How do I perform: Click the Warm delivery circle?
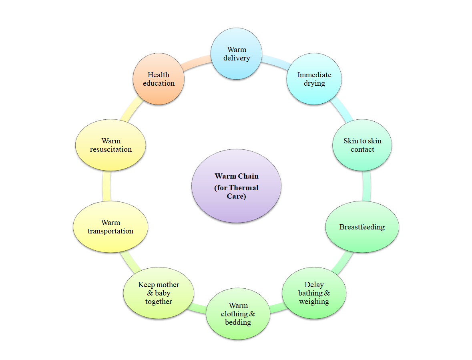pyautogui.click(x=237, y=54)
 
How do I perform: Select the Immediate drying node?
pyautogui.click(x=314, y=79)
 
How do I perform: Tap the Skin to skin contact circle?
pyautogui.click(x=362, y=145)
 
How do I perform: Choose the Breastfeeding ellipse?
pyautogui.click(x=362, y=227)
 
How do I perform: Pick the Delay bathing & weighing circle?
pyautogui.click(x=314, y=293)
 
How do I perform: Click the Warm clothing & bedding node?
pyautogui.click(x=238, y=314)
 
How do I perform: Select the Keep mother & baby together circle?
pyautogui.click(x=159, y=293)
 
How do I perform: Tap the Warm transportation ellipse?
pyautogui.click(x=110, y=227)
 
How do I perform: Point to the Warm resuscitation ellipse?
pyautogui.click(x=110, y=145)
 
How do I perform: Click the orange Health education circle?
pyautogui.click(x=159, y=79)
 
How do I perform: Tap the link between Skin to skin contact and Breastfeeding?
pyautogui.click(x=366, y=186)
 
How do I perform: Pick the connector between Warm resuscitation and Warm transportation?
pyautogui.click(x=106, y=186)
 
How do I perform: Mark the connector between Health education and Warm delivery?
pyautogui.click(x=197, y=60)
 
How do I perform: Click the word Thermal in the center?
pyautogui.click(x=244, y=188)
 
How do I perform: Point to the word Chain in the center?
pyautogui.click(x=249, y=176)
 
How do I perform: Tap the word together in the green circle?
pyautogui.click(x=159, y=302)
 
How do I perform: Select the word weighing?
pyautogui.click(x=314, y=302)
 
